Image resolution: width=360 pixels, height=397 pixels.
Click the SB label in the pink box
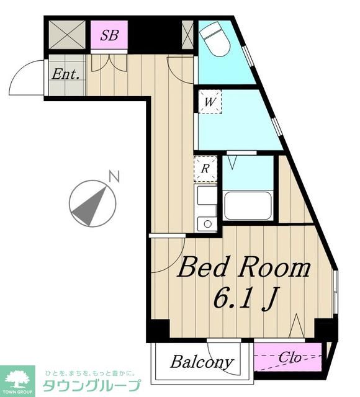click(109, 35)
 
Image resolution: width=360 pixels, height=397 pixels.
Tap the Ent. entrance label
click(66, 74)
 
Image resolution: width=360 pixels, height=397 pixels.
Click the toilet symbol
click(215, 38)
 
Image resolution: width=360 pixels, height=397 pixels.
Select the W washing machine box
click(210, 102)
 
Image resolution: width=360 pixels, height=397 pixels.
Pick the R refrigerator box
click(205, 169)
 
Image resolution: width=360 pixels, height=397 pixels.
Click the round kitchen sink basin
click(208, 224)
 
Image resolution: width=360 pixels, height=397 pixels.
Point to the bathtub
click(248, 205)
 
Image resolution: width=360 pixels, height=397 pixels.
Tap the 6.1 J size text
click(246, 298)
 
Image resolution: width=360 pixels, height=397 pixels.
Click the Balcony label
click(202, 362)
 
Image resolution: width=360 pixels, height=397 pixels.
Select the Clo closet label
click(290, 357)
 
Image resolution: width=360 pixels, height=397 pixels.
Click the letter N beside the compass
click(114, 177)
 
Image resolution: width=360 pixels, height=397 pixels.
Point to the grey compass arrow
click(90, 207)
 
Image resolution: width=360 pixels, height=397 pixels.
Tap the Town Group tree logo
click(17, 380)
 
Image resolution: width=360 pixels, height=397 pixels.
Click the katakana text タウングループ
click(91, 385)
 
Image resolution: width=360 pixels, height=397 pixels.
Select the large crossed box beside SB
click(67, 35)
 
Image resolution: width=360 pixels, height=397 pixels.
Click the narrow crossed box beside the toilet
click(187, 35)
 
